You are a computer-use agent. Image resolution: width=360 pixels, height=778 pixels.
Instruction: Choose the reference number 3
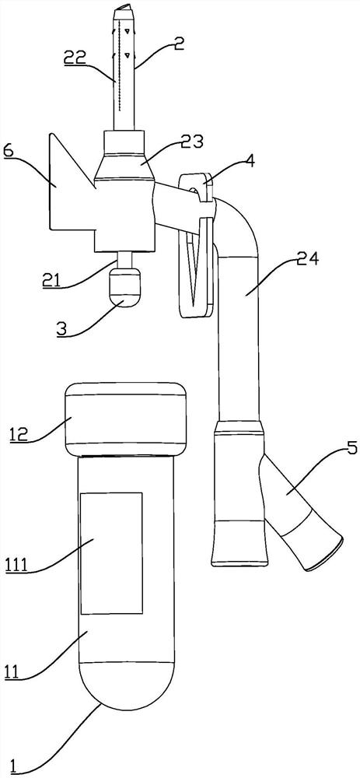coord(61,330)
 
